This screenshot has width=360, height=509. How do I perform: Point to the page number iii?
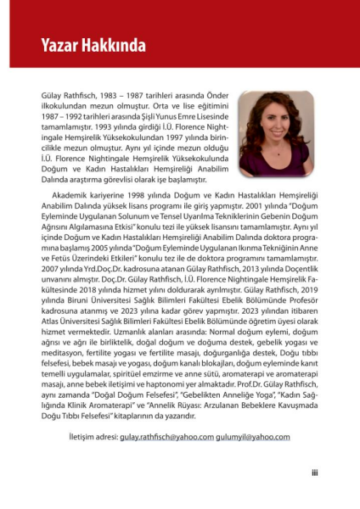pos(314,473)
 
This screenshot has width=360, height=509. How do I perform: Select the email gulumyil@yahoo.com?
pos(256,437)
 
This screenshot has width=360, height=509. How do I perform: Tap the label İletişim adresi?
pos(93,437)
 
